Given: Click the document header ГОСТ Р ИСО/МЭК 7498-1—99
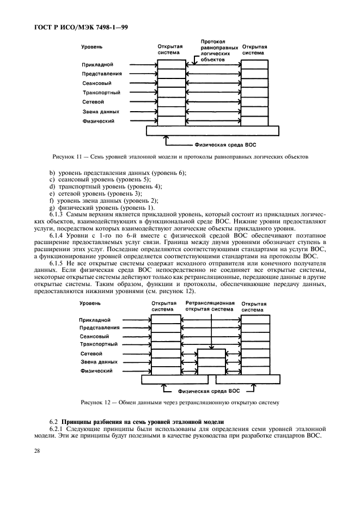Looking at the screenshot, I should (x=77, y=27).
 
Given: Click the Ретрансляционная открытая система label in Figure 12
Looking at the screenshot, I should (x=210, y=306).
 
